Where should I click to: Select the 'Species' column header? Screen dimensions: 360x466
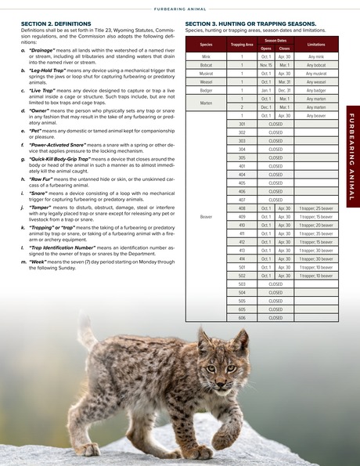coord(206,45)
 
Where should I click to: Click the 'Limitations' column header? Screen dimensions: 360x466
coord(316,45)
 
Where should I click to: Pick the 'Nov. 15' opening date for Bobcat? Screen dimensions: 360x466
coord(266,65)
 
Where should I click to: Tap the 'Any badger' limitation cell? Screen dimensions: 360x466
coord(316,91)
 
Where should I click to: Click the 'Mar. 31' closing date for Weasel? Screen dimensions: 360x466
coord(284,82)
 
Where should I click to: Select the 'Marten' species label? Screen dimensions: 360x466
coord(206,103)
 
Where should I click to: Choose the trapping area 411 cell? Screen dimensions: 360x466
coord(242,233)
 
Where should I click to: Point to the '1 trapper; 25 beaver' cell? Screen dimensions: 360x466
coord(316,208)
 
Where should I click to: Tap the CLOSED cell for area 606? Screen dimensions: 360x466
coord(275,319)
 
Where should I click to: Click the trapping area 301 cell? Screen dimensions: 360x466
coord(242,124)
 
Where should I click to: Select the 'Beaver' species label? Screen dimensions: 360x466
coord(206,217)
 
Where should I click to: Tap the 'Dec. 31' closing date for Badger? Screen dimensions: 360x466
coord(284,91)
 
